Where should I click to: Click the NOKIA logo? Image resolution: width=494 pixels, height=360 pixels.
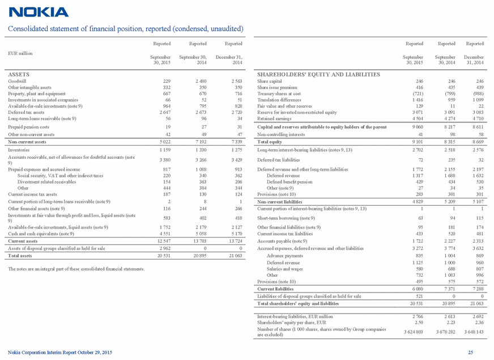pos(39,12)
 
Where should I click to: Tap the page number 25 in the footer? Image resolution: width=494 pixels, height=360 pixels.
pos(470,353)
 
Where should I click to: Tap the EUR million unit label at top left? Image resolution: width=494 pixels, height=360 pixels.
pos(20,53)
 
